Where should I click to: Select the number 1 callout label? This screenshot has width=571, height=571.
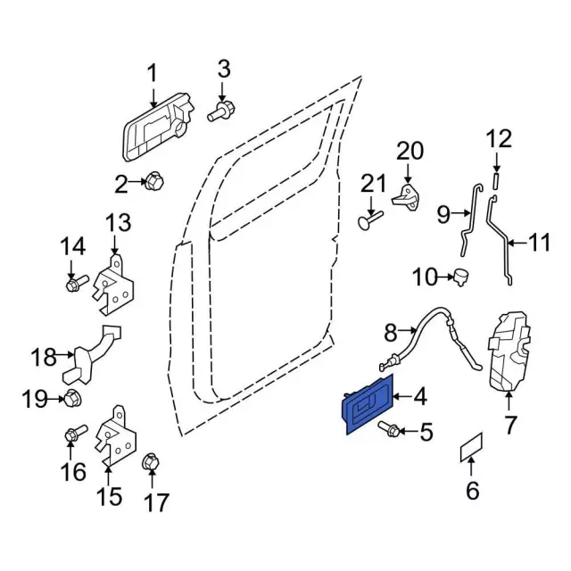tap(151, 73)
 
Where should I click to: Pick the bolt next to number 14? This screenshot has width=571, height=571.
tap(74, 284)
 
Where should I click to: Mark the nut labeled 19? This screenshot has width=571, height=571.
tap(73, 398)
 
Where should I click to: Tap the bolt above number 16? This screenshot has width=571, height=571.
tap(74, 435)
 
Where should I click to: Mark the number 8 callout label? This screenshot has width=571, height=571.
tap(389, 333)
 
